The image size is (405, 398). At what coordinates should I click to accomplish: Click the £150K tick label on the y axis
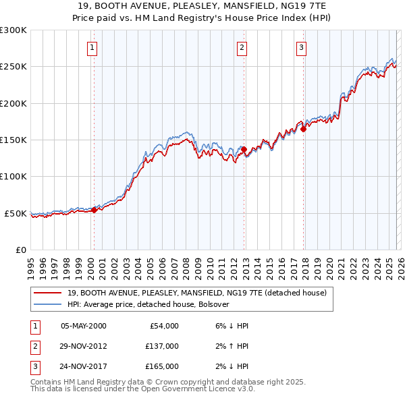(x=13, y=140)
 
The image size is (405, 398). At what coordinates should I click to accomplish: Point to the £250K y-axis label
(x=13, y=67)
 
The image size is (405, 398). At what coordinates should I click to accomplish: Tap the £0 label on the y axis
(x=20, y=250)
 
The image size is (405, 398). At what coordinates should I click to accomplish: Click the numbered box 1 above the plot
(x=91, y=47)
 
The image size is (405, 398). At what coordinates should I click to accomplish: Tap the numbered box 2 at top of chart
(x=242, y=47)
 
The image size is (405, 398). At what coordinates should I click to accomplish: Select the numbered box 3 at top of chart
(x=301, y=47)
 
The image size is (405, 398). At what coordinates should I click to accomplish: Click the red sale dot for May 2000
(x=94, y=210)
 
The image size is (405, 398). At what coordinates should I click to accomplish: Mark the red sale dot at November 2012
(x=244, y=150)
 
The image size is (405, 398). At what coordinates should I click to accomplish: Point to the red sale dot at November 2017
(x=304, y=129)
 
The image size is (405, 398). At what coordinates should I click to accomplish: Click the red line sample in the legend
(x=49, y=293)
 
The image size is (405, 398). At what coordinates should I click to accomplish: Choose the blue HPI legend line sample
(x=49, y=304)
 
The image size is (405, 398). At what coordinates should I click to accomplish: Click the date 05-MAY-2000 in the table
(x=83, y=326)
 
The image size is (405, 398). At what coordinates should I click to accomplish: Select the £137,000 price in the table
(x=162, y=346)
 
